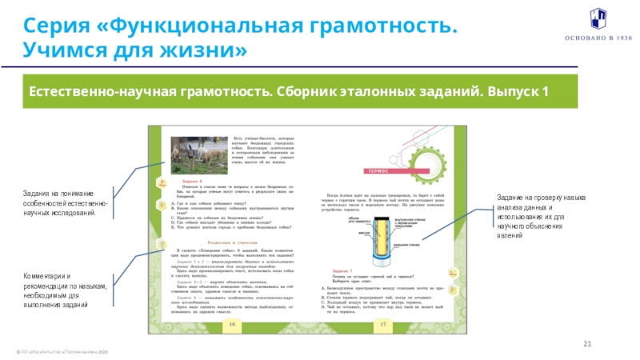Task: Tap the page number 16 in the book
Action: pyautogui.click(x=230, y=323)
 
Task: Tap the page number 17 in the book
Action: pyautogui.click(x=382, y=323)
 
